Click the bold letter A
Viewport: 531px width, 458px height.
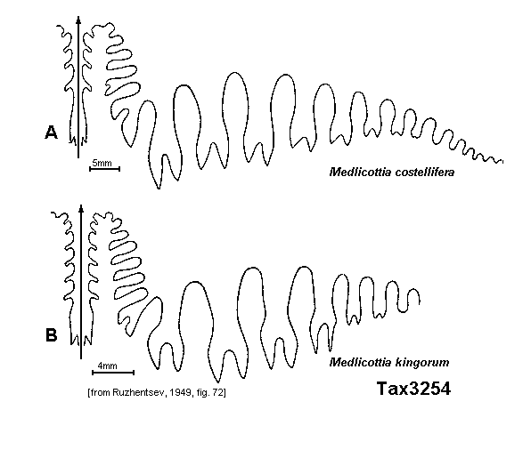click(x=51, y=133)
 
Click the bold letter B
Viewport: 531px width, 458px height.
click(x=52, y=335)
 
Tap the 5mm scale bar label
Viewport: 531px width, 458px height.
click(x=102, y=163)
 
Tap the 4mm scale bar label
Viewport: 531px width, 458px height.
click(x=107, y=366)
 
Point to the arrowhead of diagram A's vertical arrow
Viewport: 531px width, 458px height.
click(x=78, y=20)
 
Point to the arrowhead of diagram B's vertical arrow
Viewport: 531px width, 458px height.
click(x=81, y=209)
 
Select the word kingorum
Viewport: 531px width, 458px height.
click(x=422, y=362)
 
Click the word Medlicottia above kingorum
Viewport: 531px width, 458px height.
click(x=360, y=362)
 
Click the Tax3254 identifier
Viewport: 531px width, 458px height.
click(x=413, y=389)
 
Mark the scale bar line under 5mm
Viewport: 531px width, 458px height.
click(x=104, y=169)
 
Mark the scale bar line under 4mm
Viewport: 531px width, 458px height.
click(x=113, y=373)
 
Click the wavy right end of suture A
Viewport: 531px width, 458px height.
click(x=502, y=162)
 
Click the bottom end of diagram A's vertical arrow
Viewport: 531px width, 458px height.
click(x=78, y=157)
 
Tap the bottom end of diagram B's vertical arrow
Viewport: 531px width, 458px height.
click(x=81, y=358)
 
